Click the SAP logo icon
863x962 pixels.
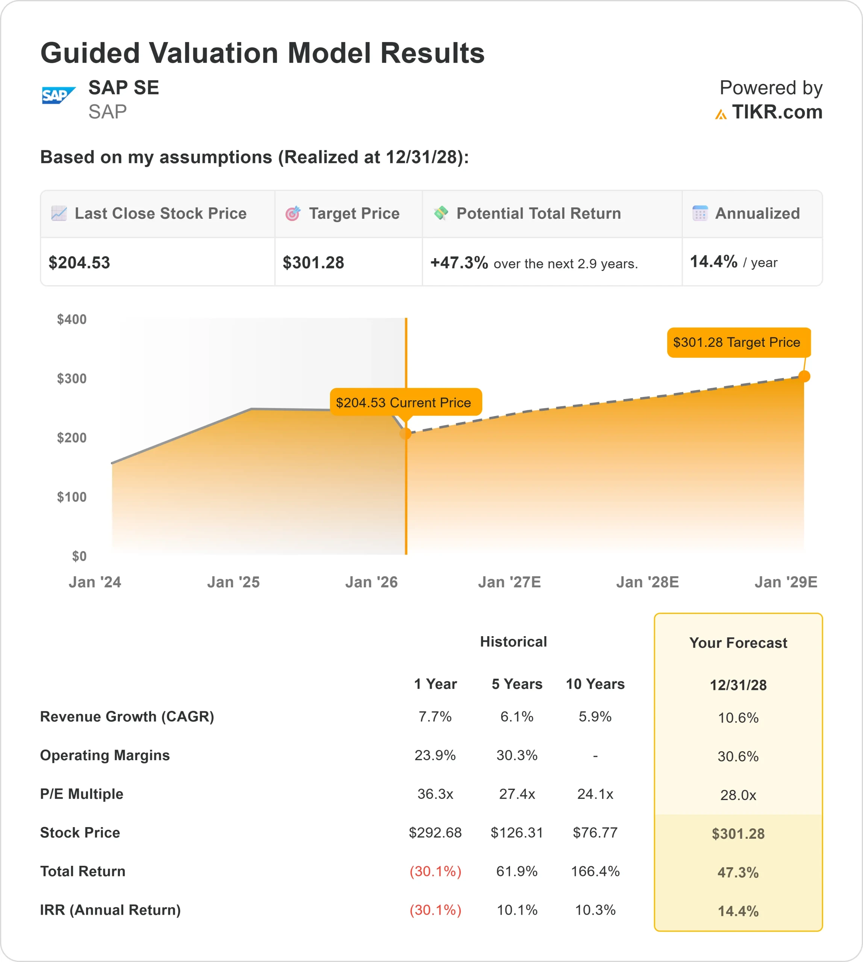[58, 95]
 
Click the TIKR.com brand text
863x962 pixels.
[777, 112]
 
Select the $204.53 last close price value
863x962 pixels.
[79, 263]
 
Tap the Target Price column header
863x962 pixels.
[354, 213]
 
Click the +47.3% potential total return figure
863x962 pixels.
[459, 263]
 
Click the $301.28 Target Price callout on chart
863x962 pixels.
[738, 342]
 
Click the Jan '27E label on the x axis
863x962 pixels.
[509, 582]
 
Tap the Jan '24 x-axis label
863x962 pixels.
[95, 582]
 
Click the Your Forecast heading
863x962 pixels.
[738, 643]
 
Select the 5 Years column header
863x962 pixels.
[516, 684]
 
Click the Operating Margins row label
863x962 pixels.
[105, 755]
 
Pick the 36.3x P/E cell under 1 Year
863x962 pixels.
[435, 794]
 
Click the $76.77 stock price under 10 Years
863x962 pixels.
[595, 833]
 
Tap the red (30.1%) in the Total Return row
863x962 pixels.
[435, 871]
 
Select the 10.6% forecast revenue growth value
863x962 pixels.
[738, 718]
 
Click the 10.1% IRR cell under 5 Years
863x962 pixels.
[516, 910]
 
